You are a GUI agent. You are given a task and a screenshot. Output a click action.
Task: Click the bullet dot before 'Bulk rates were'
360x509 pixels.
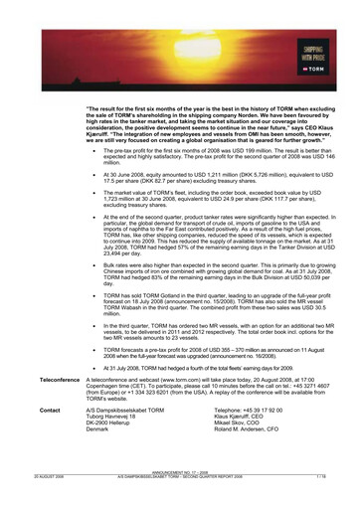coord(92,266)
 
